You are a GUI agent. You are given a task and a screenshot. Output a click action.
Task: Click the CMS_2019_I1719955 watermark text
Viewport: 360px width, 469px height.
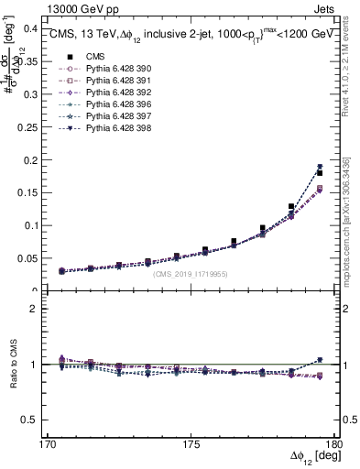(x=191, y=272)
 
